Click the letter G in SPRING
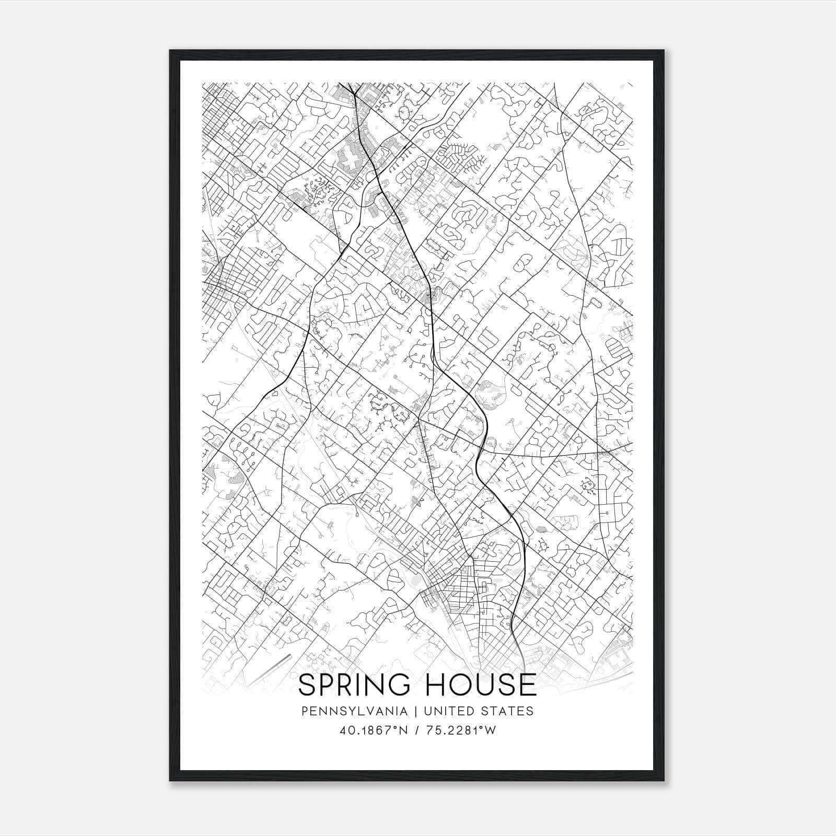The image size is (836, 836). (399, 685)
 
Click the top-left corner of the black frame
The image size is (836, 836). (170, 51)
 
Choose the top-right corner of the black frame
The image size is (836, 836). (665, 51)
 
